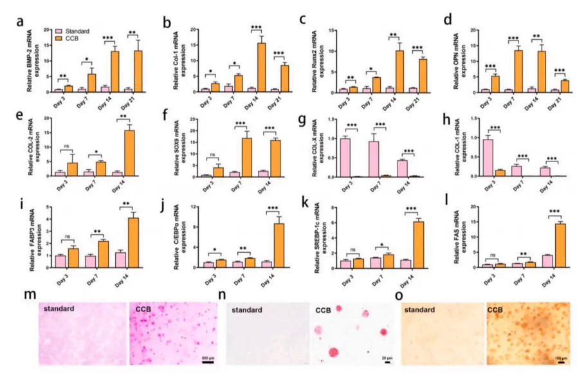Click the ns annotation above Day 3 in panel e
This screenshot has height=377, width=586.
68,147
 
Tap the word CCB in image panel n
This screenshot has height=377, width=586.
324,310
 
